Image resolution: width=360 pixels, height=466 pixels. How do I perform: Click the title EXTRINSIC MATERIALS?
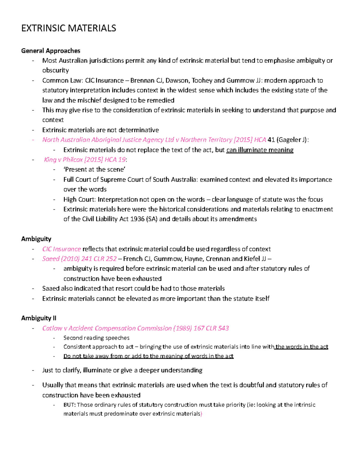point(68,28)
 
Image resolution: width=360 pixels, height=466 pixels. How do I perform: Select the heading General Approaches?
point(51,51)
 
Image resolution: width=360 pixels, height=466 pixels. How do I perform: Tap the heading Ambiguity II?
point(39,318)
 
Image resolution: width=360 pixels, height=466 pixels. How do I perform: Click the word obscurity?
point(55,71)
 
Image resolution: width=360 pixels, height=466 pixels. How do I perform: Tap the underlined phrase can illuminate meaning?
point(260,150)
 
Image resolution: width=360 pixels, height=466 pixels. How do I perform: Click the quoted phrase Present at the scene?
point(94,170)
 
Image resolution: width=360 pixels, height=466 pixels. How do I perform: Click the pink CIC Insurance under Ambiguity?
point(61,249)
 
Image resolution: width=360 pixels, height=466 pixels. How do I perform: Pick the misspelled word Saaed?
point(51,289)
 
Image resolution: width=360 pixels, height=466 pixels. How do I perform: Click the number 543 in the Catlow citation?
point(223,328)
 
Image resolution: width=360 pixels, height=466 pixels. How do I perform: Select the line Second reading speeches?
point(96,338)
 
